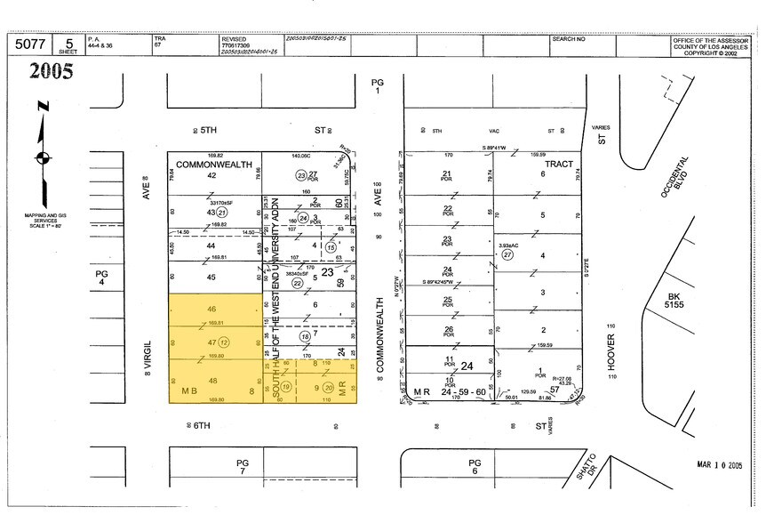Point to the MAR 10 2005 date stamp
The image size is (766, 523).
[x=718, y=464]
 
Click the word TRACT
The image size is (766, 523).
[x=559, y=165]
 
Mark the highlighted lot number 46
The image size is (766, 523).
[x=212, y=309]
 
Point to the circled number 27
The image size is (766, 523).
[x=507, y=254]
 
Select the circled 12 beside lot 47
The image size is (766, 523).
[x=225, y=342]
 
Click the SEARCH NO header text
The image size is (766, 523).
[x=569, y=39]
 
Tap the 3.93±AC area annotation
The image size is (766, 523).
[x=507, y=245]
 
